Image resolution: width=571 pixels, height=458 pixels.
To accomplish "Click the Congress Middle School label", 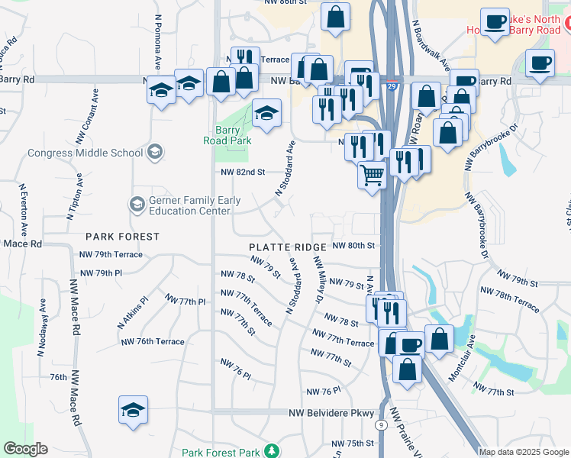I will [x=85, y=152].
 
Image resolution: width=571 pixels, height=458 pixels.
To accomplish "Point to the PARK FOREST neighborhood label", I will [x=122, y=237].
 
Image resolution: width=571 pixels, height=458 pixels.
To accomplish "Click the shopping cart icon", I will [x=373, y=175].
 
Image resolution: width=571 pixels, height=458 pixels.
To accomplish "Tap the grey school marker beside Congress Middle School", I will [x=156, y=151].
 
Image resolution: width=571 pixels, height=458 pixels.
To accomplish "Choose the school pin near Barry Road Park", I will [x=266, y=114].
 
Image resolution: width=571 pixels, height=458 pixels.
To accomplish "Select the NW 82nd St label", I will [x=242, y=173].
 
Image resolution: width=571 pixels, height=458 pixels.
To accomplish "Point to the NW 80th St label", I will [x=355, y=246].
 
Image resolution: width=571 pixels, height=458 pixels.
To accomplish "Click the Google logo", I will [x=25, y=449].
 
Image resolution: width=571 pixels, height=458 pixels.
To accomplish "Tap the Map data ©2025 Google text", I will [x=524, y=452].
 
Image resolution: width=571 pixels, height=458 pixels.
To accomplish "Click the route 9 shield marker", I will [x=380, y=424].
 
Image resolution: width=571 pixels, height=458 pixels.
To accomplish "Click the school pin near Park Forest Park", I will [x=133, y=410].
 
